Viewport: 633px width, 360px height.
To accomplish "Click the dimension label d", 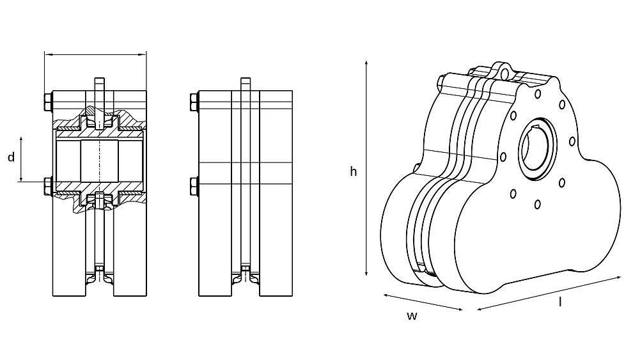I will tap(11, 158).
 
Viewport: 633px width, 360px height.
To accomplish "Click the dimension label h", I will tap(353, 171).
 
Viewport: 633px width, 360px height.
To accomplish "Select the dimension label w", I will tap(412, 316).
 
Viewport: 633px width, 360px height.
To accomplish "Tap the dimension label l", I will tap(560, 302).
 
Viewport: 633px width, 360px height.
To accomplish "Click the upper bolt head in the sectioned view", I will tap(47, 102).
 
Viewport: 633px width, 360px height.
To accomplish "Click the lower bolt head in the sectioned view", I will tap(47, 186).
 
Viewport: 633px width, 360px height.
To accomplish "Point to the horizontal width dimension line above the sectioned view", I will tap(95, 55).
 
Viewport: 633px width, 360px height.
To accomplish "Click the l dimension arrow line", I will tap(549, 293).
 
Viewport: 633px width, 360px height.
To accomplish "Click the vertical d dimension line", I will tap(22, 158).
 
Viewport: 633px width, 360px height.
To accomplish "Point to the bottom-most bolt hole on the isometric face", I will tap(537, 204).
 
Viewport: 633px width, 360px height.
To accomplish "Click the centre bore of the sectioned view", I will tap(99, 160).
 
